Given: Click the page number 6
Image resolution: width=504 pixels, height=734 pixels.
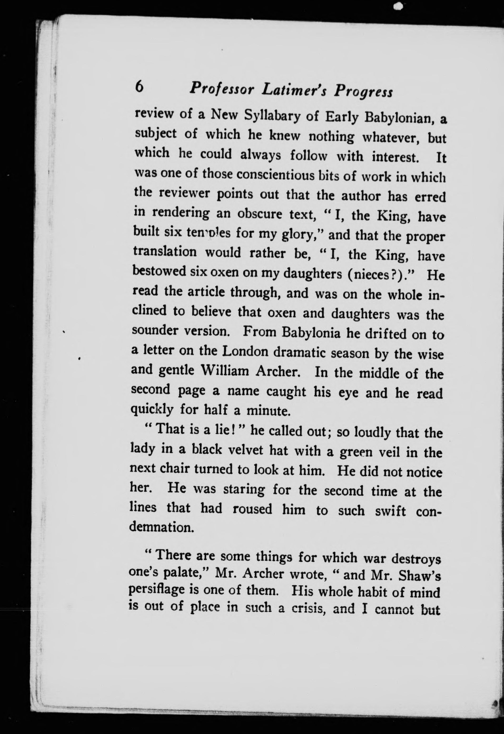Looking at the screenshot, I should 139,86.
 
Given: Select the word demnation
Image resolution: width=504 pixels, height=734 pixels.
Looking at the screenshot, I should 161,527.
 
